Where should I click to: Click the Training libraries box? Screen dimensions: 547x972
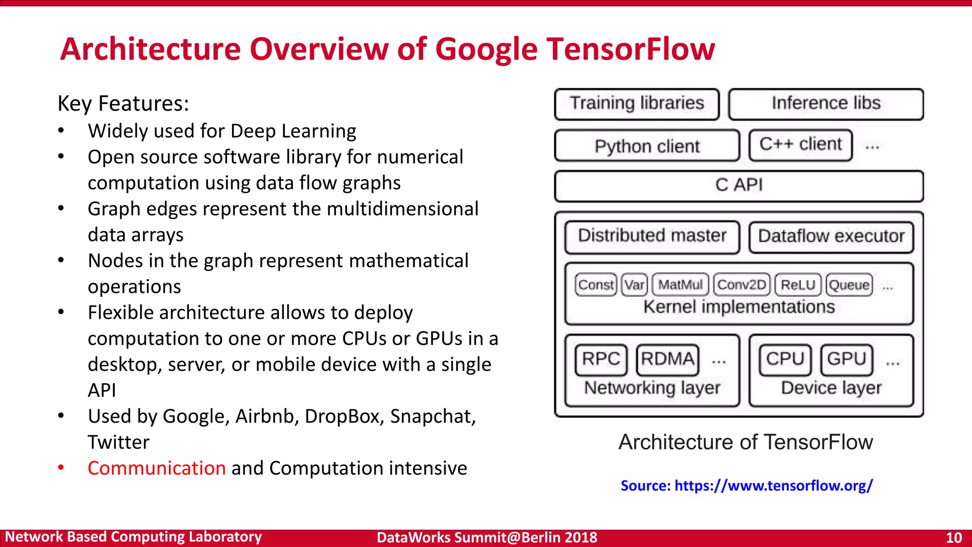coord(637,104)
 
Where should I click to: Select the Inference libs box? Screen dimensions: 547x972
coord(826,104)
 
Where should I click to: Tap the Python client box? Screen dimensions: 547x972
coord(647,146)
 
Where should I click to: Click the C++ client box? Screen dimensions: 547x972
coord(801,144)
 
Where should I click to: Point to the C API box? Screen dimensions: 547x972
coord(739,185)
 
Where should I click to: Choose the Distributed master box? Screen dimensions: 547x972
coord(652,236)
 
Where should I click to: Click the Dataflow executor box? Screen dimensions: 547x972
coord(831,236)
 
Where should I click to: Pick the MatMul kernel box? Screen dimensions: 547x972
coord(680,285)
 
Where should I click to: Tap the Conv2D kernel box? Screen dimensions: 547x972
coord(741,285)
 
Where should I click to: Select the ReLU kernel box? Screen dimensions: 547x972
coord(798,285)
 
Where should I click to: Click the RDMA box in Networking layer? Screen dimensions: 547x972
coord(667,359)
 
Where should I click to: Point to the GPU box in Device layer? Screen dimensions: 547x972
coord(847,359)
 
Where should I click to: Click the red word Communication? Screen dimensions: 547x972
coord(157,468)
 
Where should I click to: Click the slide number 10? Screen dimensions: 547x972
coord(953,538)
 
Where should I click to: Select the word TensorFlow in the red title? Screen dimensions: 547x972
coord(631,49)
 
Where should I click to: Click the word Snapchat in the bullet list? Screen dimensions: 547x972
coord(432,417)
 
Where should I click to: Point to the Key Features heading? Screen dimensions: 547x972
coord(123,104)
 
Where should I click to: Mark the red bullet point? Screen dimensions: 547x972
coord(61,468)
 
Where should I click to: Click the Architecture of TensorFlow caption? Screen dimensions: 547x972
coord(746,442)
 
